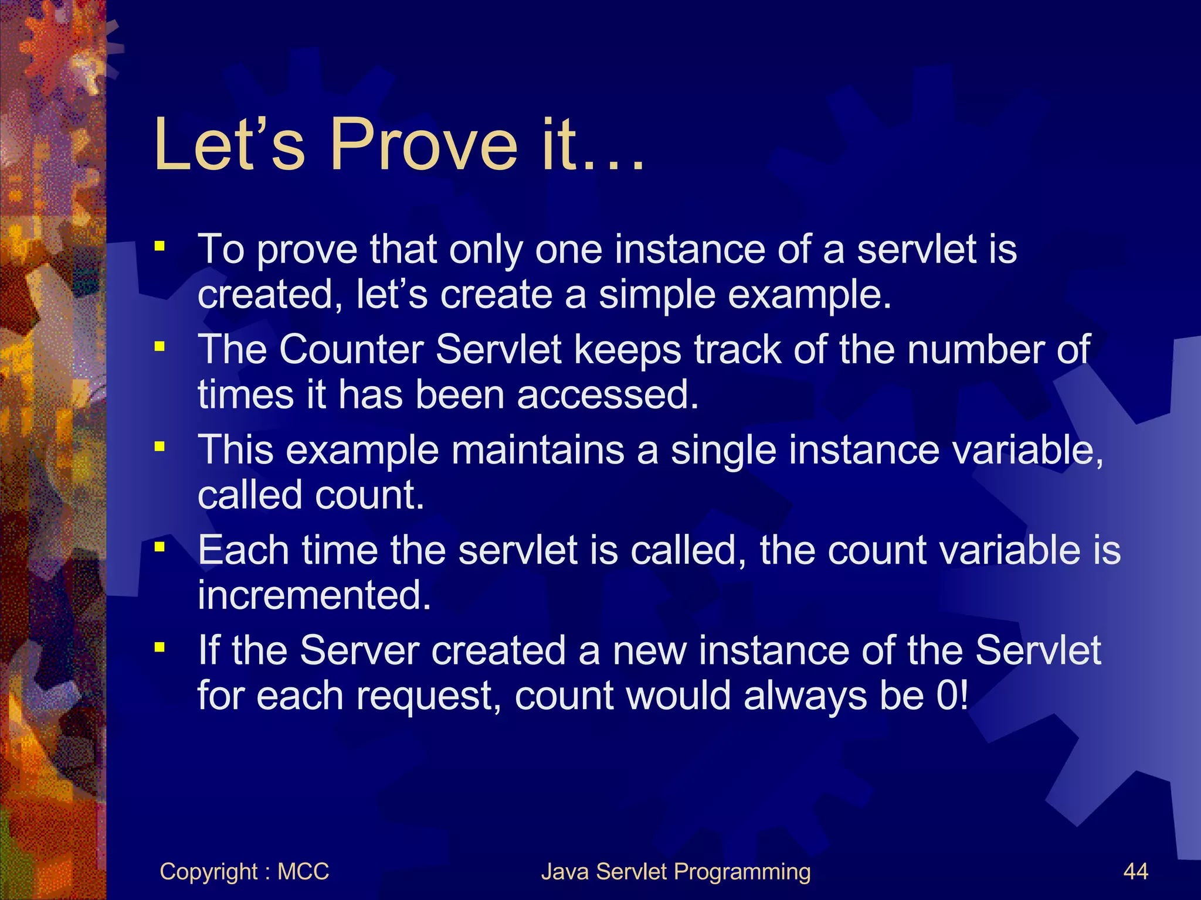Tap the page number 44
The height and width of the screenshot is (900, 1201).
[1135, 871]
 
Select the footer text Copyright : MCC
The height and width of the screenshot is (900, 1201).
[244, 871]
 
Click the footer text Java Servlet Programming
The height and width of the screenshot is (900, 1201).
[676, 871]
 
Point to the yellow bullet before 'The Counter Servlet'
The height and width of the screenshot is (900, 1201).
[160, 347]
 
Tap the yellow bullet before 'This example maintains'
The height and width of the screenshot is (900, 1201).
[160, 447]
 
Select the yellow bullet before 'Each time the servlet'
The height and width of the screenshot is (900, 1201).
[160, 547]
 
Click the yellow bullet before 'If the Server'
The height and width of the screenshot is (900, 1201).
[160, 647]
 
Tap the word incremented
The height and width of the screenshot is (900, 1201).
[314, 595]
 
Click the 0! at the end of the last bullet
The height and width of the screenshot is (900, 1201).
[952, 696]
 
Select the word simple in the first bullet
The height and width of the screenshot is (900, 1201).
[657, 294]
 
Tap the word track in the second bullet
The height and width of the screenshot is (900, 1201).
[738, 350]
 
